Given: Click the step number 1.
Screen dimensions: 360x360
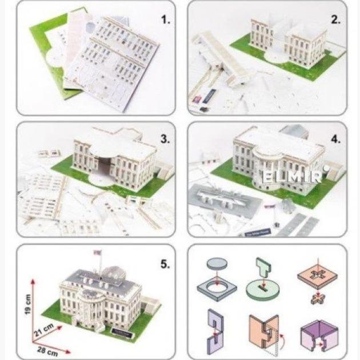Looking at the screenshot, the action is coord(166,19).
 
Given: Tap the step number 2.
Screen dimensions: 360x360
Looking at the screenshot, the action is coord(335,19).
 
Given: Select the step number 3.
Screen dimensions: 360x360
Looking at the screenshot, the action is coord(165,139).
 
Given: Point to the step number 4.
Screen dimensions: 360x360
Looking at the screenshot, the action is coord(335,139).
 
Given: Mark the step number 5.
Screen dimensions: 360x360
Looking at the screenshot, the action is coord(165,264).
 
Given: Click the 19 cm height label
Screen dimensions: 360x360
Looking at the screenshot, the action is coord(28,305).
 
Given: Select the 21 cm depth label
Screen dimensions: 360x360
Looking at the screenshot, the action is coord(44,330).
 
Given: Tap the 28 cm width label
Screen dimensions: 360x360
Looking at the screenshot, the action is coord(47,351).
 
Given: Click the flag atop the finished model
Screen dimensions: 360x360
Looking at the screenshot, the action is coord(98,253).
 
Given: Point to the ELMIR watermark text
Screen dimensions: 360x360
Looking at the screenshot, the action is coord(291,177).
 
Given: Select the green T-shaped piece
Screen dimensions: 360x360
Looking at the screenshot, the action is coord(263,267).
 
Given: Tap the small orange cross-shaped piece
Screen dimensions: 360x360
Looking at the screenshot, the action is coord(318,299).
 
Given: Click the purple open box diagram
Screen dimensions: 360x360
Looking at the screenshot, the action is coord(319,335).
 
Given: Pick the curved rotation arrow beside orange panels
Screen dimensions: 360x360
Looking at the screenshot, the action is coord(282,341).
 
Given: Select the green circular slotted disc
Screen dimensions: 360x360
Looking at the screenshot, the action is coord(263,289).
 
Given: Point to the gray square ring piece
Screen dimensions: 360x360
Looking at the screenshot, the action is coord(217,289).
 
